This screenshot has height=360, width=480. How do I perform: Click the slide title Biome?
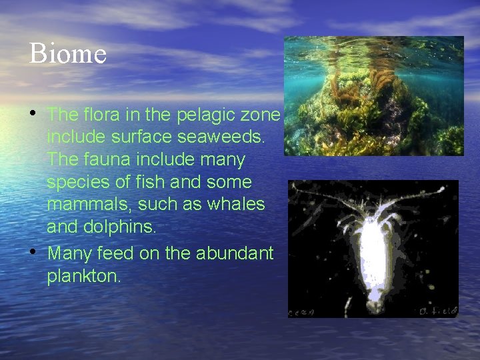(x=68, y=53)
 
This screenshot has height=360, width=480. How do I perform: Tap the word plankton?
(x=84, y=276)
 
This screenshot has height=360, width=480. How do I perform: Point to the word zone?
(x=262, y=115)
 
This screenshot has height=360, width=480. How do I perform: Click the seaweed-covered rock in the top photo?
(x=373, y=110)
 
